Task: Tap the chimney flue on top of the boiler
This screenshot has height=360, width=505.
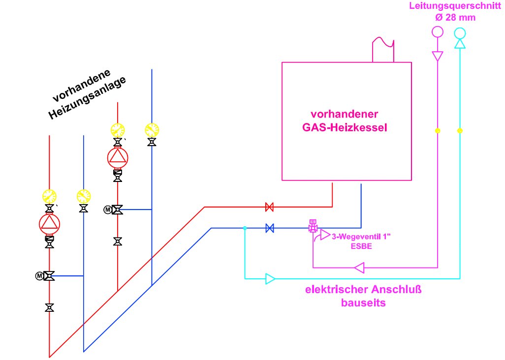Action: coord(383,50)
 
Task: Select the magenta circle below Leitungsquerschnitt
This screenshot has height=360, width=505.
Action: coord(437,32)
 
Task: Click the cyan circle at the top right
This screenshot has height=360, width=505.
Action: coord(460,33)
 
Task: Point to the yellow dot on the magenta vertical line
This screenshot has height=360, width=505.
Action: coord(437,131)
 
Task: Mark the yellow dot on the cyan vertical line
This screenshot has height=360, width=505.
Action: coord(460,131)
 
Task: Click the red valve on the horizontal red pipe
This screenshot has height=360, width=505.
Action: coord(269,207)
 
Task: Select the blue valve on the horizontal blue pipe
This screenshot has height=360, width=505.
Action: coord(269,228)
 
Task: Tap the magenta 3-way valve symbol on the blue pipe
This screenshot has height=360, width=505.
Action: coord(313,227)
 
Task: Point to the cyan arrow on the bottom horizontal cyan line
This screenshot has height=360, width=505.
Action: coord(270,279)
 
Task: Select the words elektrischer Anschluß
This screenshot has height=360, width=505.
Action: coord(364,290)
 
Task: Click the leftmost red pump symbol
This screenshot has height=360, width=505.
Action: coord(49,224)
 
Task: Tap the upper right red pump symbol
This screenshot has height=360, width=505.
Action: coord(118,157)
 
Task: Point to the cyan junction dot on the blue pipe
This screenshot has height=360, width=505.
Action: coord(245,228)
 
